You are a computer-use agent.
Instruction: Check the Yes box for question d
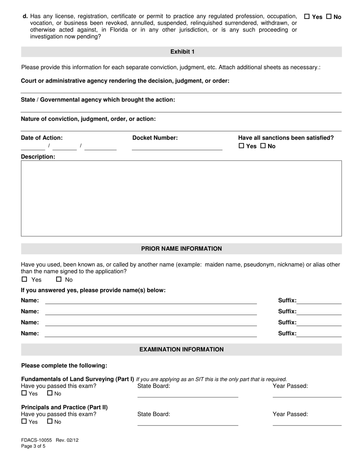(307, 17)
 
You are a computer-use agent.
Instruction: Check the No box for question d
(329, 17)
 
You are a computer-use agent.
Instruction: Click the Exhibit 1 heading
(182, 52)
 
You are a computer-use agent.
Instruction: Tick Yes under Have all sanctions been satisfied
(241, 146)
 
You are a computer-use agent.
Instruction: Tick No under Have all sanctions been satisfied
(263, 146)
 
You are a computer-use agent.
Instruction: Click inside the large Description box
(181, 198)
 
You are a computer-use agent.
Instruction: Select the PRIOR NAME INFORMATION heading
(182, 249)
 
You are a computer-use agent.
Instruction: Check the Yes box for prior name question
(25, 280)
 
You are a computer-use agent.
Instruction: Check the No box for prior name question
(59, 280)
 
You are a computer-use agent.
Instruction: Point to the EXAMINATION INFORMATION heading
(182, 350)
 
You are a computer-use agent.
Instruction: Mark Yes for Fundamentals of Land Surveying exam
(24, 394)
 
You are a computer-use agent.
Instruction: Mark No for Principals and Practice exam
(50, 421)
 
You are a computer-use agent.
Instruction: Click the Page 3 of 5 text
(33, 446)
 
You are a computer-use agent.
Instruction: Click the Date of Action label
(42, 138)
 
